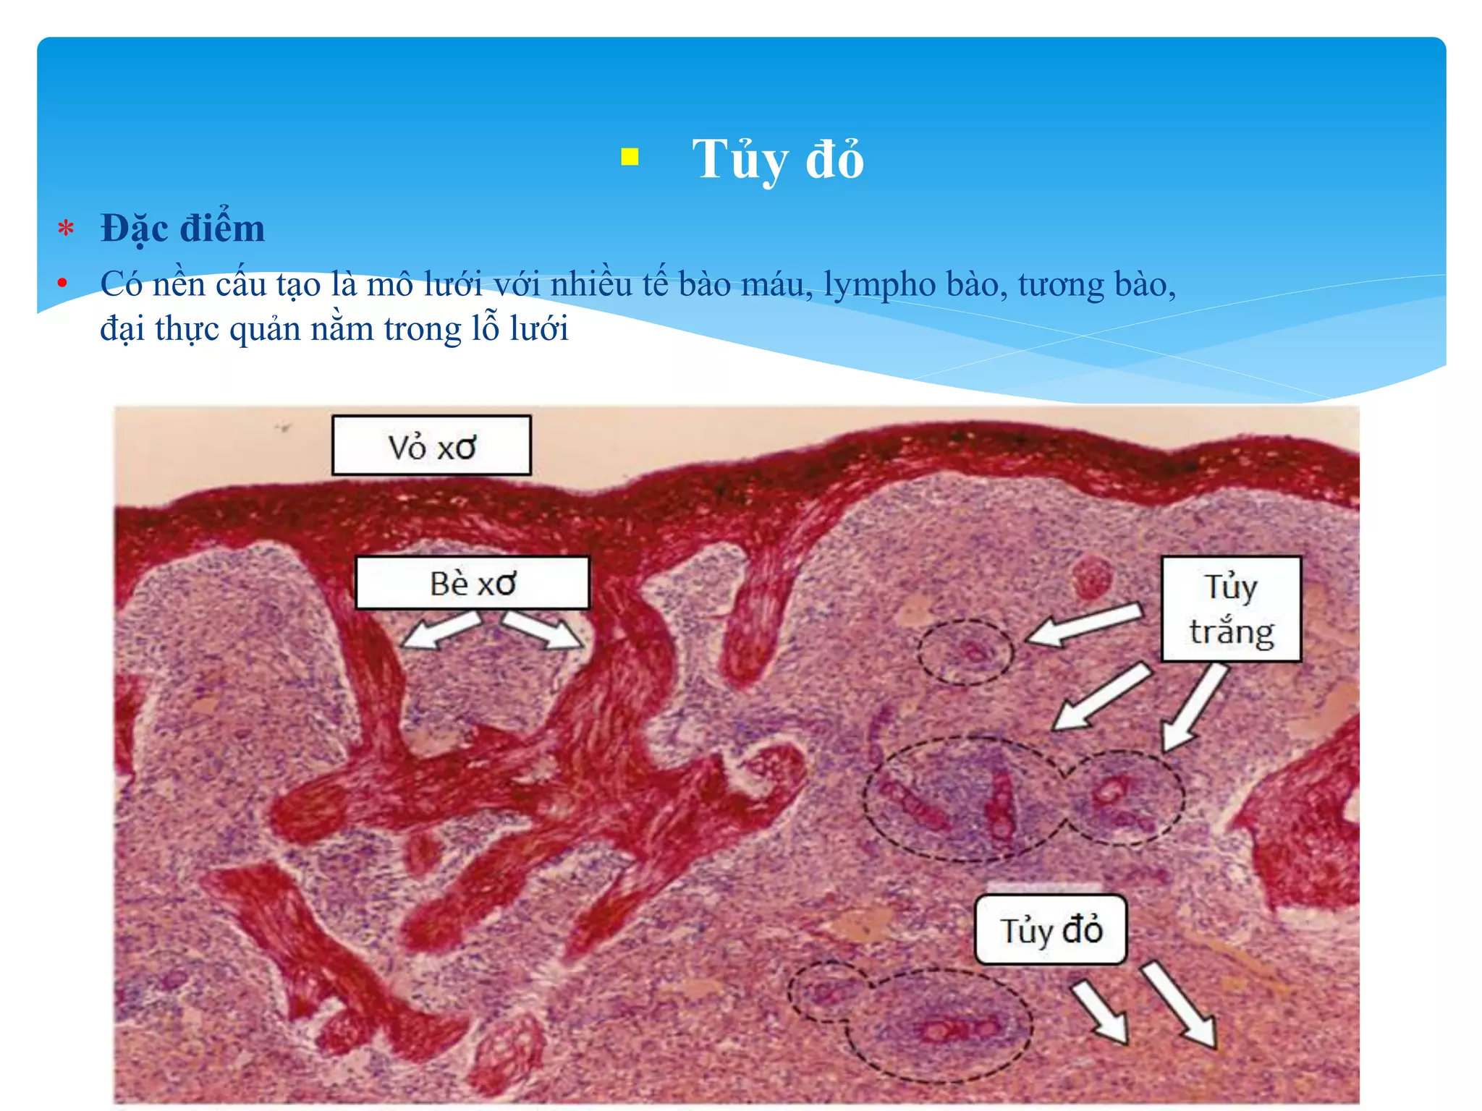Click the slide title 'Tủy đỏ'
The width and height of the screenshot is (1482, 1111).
coord(778,159)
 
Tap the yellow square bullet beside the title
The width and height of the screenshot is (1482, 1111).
coord(630,157)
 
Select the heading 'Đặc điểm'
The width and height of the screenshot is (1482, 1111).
coord(182,229)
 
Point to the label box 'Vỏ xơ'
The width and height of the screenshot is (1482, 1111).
coord(431,446)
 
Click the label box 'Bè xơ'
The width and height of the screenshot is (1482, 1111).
coord(473,583)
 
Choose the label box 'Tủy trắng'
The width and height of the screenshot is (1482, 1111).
coord(1231,609)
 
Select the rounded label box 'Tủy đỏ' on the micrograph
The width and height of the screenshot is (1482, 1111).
coord(1051,930)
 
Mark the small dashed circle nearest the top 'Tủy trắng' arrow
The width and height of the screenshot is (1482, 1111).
coord(965,652)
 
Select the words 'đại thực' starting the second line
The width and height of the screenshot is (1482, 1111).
coord(159,329)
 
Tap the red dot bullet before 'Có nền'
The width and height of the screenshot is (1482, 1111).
coord(63,283)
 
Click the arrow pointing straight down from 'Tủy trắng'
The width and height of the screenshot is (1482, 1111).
coord(1193,708)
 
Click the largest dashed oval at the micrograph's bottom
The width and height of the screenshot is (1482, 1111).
coord(939,1026)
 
